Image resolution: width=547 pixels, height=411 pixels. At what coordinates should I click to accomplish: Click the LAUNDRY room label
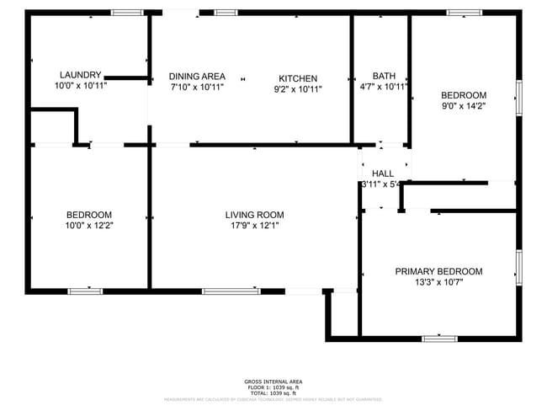pyautogui.click(x=81, y=74)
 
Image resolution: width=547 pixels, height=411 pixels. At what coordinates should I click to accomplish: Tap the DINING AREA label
pyautogui.click(x=197, y=77)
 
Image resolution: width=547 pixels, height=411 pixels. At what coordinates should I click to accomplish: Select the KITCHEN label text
pyautogui.click(x=298, y=77)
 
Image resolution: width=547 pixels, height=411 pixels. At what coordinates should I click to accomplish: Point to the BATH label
pyautogui.click(x=384, y=75)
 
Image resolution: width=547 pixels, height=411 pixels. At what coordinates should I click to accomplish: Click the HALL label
pyautogui.click(x=383, y=173)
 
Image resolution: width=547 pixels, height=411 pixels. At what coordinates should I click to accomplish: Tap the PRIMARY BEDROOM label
pyautogui.click(x=439, y=271)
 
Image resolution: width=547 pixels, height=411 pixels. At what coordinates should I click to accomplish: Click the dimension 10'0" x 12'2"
pyautogui.click(x=89, y=226)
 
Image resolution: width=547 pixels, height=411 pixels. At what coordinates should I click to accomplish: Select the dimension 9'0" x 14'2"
pyautogui.click(x=464, y=106)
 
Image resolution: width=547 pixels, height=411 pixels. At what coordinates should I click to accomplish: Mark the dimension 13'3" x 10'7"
pyautogui.click(x=439, y=282)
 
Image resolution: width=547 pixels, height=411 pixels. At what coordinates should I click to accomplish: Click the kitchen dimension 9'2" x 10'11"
pyautogui.click(x=298, y=88)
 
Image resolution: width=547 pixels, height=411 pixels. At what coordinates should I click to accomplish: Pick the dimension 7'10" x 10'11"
pyautogui.click(x=197, y=88)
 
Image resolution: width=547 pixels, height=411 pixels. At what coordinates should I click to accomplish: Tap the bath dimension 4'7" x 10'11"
pyautogui.click(x=384, y=86)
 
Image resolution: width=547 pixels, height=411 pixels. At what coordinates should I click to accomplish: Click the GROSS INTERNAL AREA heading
pyautogui.click(x=273, y=382)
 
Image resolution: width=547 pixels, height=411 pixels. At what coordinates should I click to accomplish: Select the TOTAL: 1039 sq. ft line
pyautogui.click(x=273, y=393)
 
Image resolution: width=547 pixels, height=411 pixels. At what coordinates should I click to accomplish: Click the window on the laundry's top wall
pyautogui.click(x=128, y=13)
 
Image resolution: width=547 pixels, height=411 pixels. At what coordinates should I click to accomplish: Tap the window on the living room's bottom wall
pyautogui.click(x=231, y=291)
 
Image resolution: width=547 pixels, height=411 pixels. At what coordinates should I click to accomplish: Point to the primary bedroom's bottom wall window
pyautogui.click(x=439, y=339)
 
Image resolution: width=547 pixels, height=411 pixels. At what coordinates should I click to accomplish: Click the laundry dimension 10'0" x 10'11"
pyautogui.click(x=81, y=85)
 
